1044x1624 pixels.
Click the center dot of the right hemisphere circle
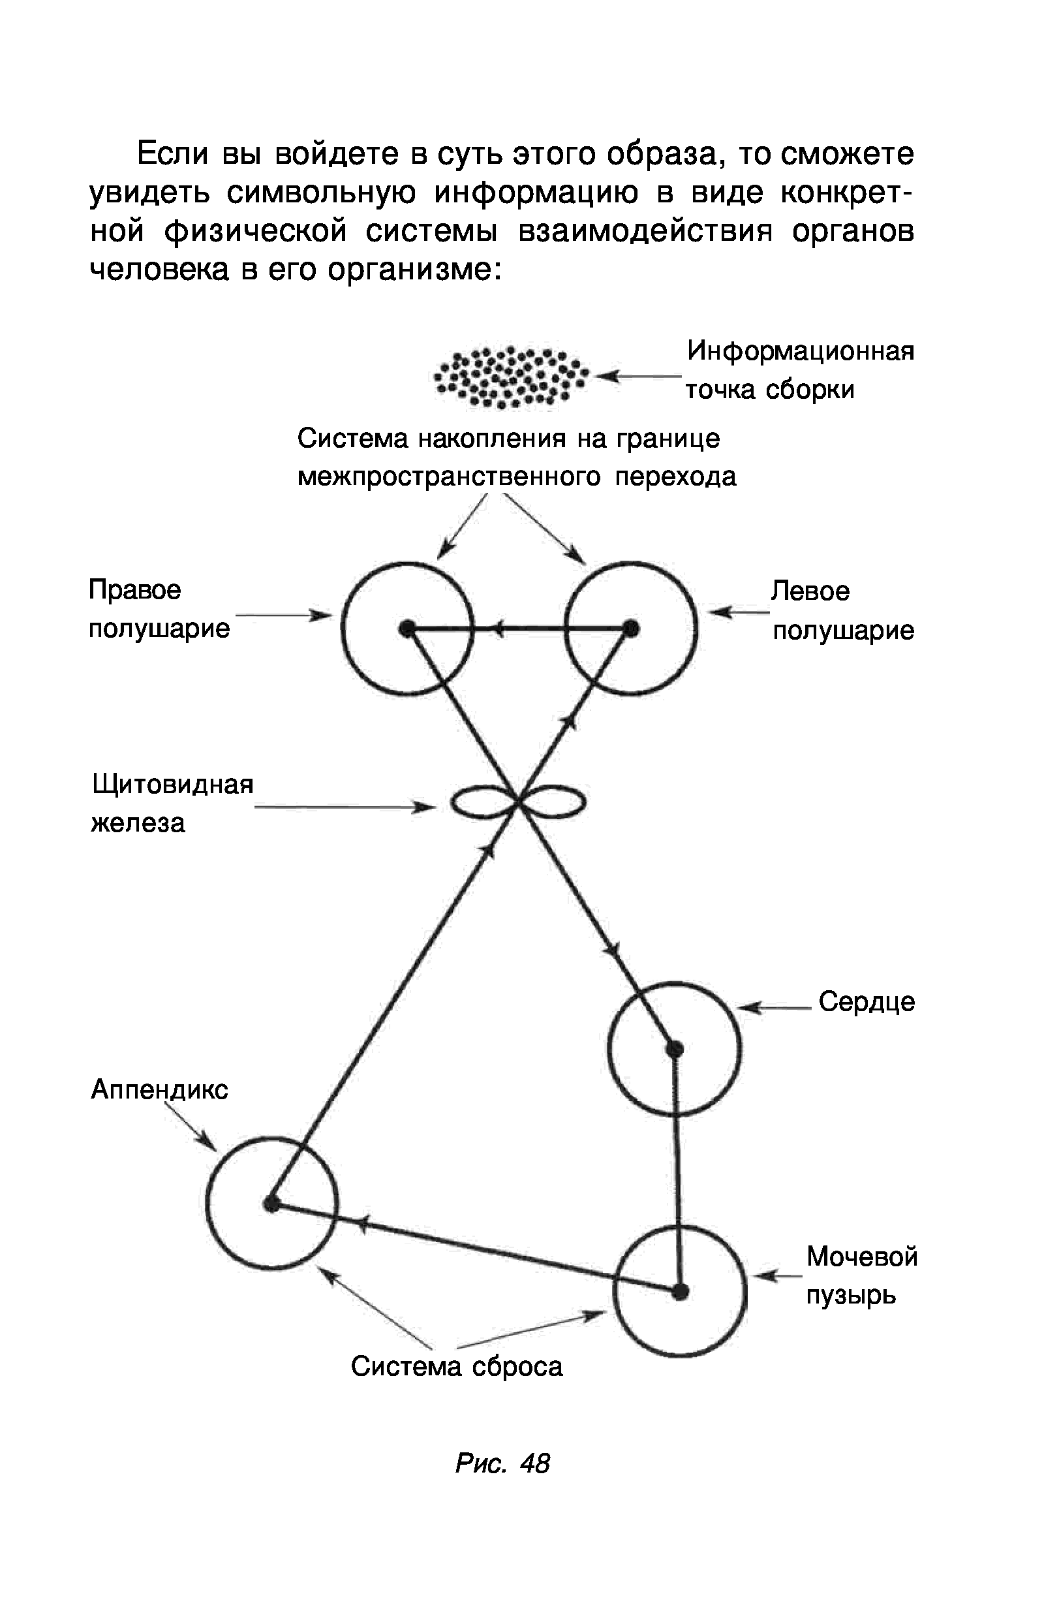tap(407, 629)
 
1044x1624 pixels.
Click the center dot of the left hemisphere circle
tap(630, 629)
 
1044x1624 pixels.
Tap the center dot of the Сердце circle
tap(674, 1050)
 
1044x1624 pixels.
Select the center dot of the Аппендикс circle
tap(272, 1204)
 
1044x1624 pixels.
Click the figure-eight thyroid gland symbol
tap(518, 803)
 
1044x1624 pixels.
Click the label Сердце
tap(867, 1002)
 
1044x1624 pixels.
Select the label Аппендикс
tap(159, 1089)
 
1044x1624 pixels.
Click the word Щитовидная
tap(172, 785)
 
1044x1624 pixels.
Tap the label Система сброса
tap(457, 1366)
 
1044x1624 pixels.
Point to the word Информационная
tap(801, 351)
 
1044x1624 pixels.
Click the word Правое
tap(135, 590)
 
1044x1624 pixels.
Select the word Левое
tap(810, 591)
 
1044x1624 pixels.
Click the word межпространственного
tap(450, 476)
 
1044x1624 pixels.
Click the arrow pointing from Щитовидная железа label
tap(346, 807)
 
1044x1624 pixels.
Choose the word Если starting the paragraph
tap(173, 155)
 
